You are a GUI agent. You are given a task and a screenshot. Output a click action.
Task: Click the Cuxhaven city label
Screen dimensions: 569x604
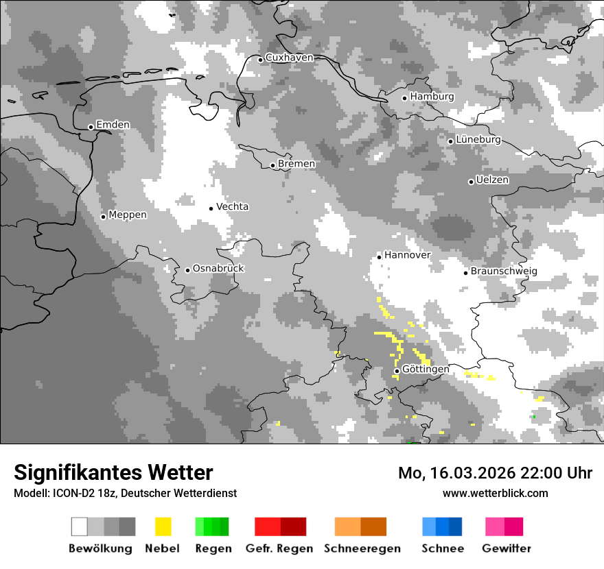pyautogui.click(x=289, y=58)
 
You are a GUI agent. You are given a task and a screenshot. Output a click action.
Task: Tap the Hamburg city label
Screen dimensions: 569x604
pyautogui.click(x=432, y=97)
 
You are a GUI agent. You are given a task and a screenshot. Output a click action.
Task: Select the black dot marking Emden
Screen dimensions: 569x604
pyautogui.click(x=91, y=127)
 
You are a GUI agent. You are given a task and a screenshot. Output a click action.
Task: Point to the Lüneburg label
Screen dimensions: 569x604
pyautogui.click(x=478, y=140)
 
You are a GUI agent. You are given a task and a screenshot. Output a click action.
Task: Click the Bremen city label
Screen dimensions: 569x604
pyautogui.click(x=297, y=164)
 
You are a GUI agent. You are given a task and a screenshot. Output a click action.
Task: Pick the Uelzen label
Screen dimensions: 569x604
pyautogui.click(x=492, y=180)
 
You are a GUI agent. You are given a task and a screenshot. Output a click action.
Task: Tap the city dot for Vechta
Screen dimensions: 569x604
pyautogui.click(x=211, y=208)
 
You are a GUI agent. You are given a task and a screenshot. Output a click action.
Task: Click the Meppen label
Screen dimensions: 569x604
pyautogui.click(x=128, y=215)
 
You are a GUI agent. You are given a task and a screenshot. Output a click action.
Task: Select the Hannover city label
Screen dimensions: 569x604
pyautogui.click(x=407, y=255)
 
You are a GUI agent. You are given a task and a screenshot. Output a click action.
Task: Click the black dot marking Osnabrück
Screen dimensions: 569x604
pyautogui.click(x=187, y=270)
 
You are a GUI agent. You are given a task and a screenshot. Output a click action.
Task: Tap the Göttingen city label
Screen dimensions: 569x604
pyautogui.click(x=426, y=370)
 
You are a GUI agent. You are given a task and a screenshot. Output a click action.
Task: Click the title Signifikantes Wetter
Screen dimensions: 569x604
pyautogui.click(x=113, y=472)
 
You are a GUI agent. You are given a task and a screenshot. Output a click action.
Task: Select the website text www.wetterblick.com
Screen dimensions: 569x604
pyautogui.click(x=495, y=493)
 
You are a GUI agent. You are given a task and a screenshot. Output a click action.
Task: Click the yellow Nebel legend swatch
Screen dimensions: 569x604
pyautogui.click(x=163, y=526)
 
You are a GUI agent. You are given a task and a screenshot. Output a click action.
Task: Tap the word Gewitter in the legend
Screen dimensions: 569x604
pyautogui.click(x=506, y=548)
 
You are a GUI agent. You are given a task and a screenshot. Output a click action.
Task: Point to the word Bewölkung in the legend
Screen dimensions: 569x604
pyautogui.click(x=100, y=548)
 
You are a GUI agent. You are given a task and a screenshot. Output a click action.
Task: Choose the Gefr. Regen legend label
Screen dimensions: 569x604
pyautogui.click(x=279, y=548)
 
